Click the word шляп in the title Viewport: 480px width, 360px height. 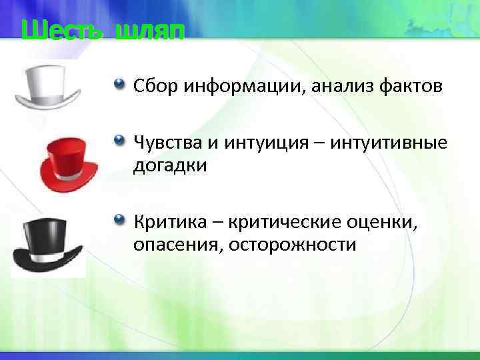(x=147, y=31)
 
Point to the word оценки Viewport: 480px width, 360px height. (x=385, y=221)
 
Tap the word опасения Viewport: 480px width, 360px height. (x=177, y=245)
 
